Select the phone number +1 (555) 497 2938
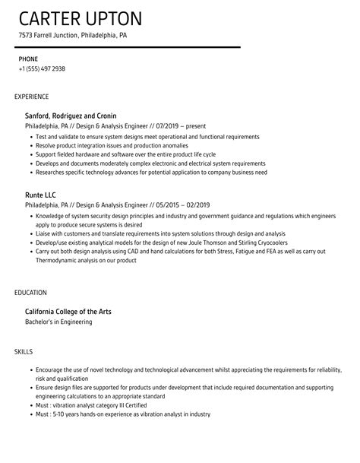click(42, 68)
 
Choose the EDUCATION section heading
click(30, 291)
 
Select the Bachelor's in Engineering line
click(59, 322)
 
